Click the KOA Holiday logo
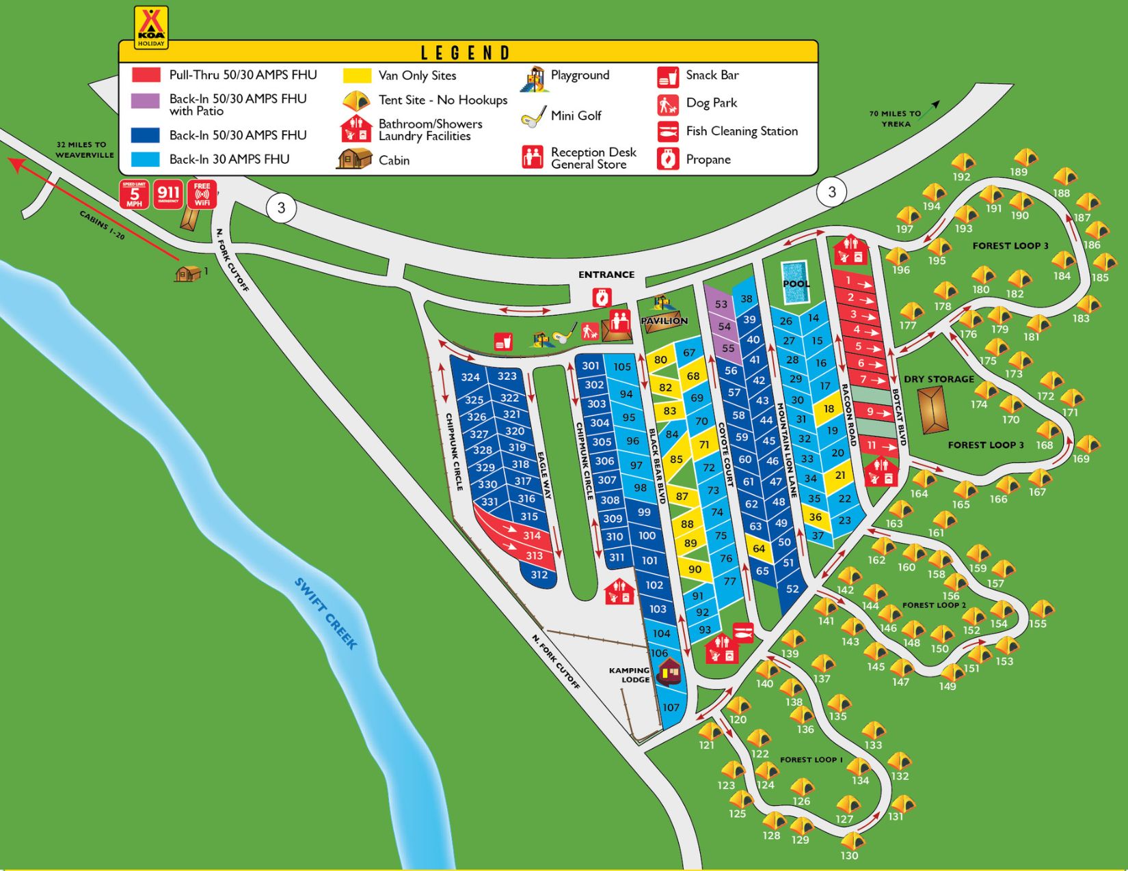click(x=151, y=27)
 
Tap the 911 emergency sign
click(x=168, y=195)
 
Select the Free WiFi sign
click(x=202, y=195)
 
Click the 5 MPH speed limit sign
click(x=134, y=195)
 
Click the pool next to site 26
click(x=795, y=283)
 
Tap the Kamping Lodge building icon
click(x=669, y=672)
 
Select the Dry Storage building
click(x=932, y=410)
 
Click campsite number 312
click(x=539, y=575)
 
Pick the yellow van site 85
click(x=676, y=459)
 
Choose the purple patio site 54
click(x=724, y=327)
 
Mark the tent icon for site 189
click(x=1025, y=158)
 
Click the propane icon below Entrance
click(x=601, y=298)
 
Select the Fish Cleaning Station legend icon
click(x=667, y=131)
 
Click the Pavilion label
click(x=664, y=320)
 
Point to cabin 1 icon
click(x=187, y=273)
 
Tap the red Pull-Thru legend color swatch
click(x=146, y=75)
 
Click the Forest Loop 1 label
click(x=811, y=760)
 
